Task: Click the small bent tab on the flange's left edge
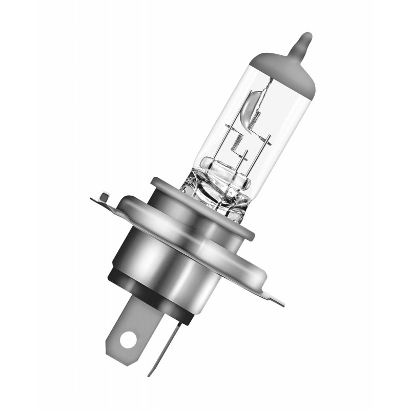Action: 105,197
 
